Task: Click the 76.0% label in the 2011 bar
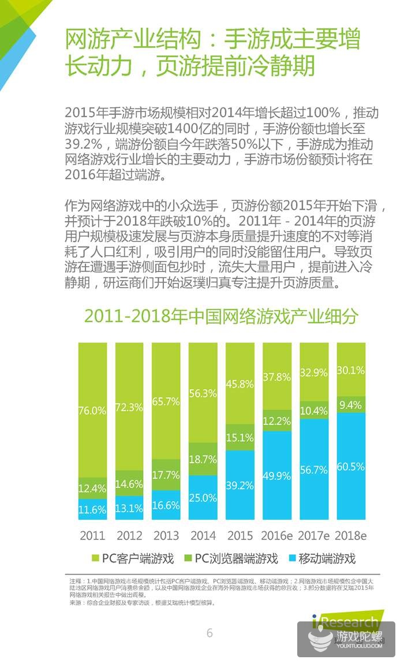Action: pos(92,411)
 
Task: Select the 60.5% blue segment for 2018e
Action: pos(351,466)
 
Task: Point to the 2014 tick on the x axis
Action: pos(203,535)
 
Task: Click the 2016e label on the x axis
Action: pos(276,535)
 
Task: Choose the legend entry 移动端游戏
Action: pos(325,558)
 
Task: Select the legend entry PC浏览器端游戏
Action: pos(231,558)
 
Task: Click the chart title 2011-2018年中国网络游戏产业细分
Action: pos(221,316)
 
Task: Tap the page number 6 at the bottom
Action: pos(210,633)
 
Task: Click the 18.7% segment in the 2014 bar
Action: pos(203,460)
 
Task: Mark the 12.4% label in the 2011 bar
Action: pos(92,488)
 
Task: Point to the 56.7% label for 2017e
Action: pos(314,470)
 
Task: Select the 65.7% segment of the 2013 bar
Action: pos(166,400)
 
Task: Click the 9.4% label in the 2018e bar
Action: pos(351,405)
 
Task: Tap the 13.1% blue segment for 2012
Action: pos(129,509)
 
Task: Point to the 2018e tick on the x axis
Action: pos(351,535)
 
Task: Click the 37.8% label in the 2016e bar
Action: pos(277,377)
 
